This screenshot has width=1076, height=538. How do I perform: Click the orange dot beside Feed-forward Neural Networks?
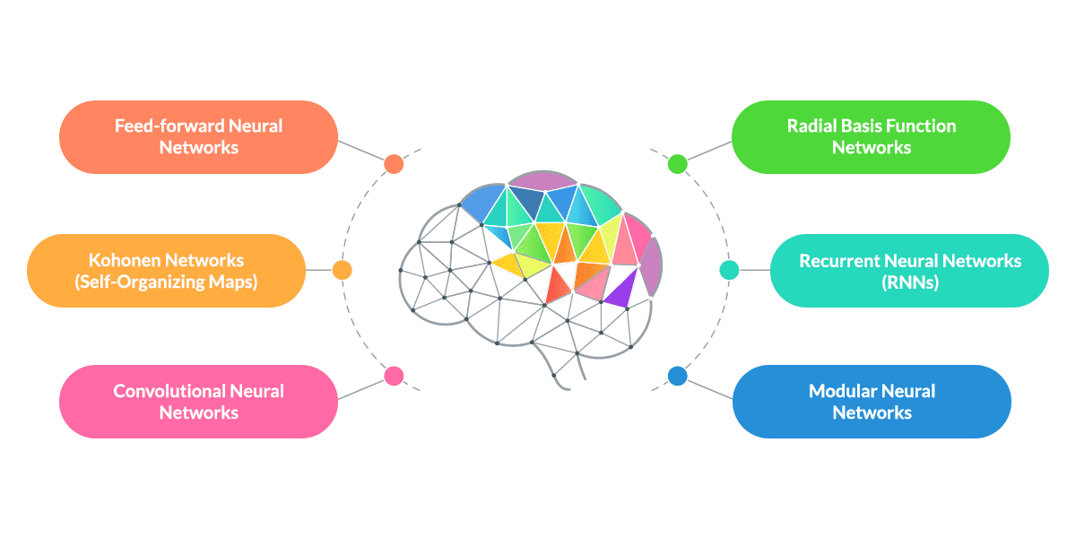393,164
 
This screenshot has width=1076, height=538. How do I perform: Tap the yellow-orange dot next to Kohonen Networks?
342,270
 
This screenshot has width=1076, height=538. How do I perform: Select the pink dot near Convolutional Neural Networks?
393,377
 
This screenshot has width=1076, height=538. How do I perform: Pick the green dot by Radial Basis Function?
678,163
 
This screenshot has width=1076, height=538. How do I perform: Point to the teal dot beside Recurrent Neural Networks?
730,270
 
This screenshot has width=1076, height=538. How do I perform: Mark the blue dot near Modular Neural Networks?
678,377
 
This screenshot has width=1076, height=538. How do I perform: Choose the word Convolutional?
169,391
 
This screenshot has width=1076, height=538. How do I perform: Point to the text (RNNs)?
910,282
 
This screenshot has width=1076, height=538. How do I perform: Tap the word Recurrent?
839,260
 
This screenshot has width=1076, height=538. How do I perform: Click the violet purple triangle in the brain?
620,290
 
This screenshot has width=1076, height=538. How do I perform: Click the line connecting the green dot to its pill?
709,150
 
